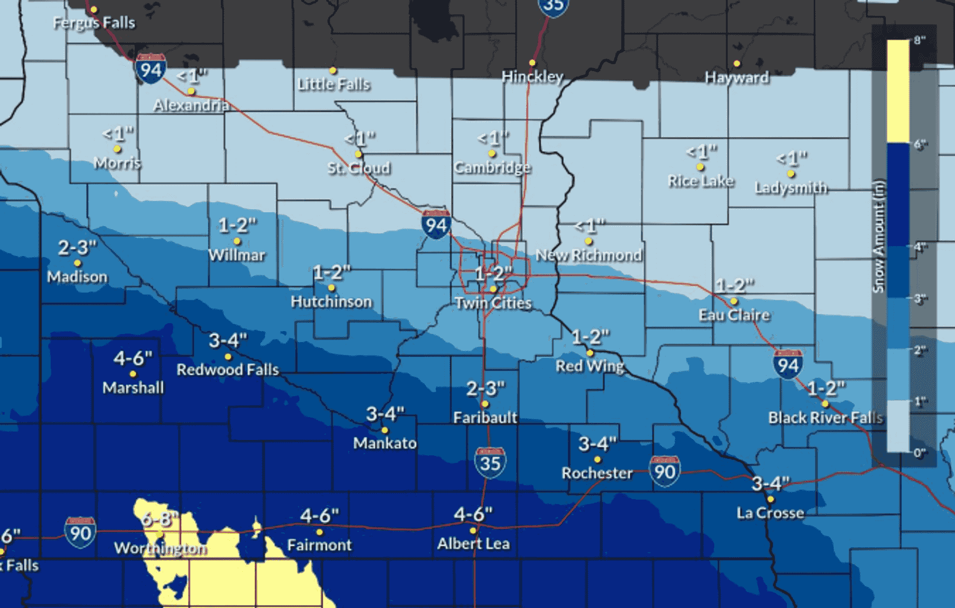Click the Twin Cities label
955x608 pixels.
(493, 303)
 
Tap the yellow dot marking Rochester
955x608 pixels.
(597, 459)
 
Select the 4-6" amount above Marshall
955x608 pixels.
(133, 358)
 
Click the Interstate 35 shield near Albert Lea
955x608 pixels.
(490, 463)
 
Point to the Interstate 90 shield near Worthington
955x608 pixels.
(80, 532)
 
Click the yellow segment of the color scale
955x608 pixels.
(898, 92)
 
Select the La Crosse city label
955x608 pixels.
(770, 513)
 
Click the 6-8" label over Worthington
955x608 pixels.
(159, 519)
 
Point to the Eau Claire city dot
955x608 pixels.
(734, 301)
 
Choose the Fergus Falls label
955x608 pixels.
(94, 23)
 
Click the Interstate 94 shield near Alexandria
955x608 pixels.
(150, 69)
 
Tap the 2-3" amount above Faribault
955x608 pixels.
(485, 388)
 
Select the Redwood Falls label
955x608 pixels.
(228, 369)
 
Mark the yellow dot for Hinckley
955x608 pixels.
(532, 63)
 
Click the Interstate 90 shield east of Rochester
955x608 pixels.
(665, 471)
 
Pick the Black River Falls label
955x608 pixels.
(826, 418)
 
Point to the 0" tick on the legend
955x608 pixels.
(919, 453)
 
